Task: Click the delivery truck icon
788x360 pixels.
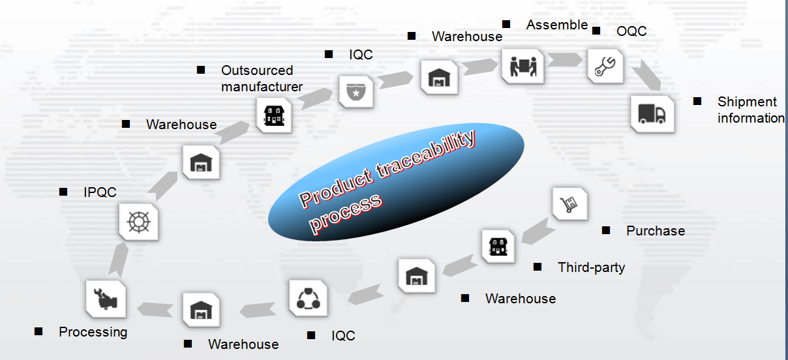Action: tap(652, 113)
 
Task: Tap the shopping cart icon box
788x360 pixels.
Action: tap(570, 204)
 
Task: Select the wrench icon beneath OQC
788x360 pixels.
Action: tap(605, 67)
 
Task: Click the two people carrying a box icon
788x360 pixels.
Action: tap(523, 66)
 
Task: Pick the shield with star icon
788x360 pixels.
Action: tap(356, 92)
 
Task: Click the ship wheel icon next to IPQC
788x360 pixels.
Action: tap(138, 222)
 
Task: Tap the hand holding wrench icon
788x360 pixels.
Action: tap(106, 299)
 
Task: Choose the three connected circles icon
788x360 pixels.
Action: tap(308, 299)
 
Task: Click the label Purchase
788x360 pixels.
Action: tap(656, 231)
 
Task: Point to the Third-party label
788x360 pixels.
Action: tap(592, 267)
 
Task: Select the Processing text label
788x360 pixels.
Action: tap(93, 332)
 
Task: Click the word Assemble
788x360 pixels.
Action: tap(557, 25)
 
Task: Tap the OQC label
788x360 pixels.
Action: tap(631, 31)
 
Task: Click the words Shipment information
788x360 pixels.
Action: tap(751, 110)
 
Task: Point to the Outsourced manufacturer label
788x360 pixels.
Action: tap(262, 79)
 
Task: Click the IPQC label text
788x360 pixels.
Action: tap(100, 192)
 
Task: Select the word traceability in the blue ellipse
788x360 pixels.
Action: tap(427, 155)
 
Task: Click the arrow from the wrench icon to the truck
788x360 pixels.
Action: tap(646, 75)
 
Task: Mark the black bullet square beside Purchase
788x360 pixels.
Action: tap(606, 231)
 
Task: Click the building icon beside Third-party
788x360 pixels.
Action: tap(498, 246)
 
